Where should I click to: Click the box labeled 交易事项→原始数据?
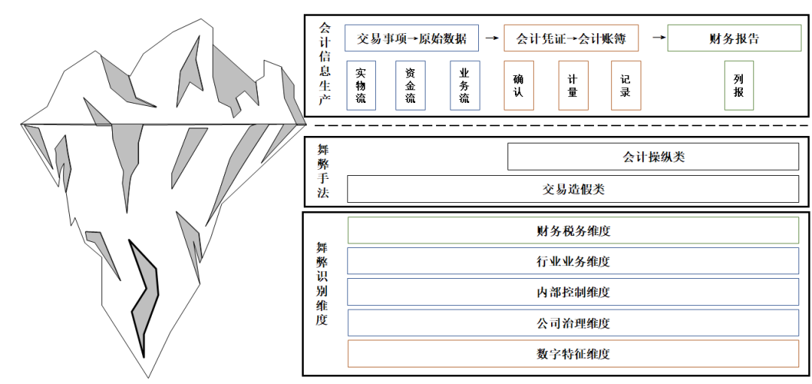click(412, 38)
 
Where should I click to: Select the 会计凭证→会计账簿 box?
click(571, 38)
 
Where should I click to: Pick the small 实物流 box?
click(361, 86)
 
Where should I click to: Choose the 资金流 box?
click(411, 86)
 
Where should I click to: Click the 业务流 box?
click(465, 86)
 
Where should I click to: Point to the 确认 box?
click(518, 86)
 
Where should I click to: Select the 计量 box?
click(573, 86)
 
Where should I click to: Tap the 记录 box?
click(626, 86)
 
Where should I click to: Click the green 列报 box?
click(739, 86)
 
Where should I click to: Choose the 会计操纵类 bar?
click(653, 156)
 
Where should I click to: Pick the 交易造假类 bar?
click(573, 189)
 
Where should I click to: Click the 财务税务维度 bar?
click(573, 230)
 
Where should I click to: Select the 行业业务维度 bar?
click(573, 261)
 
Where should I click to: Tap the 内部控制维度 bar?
click(573, 292)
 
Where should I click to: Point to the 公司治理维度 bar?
click(573, 323)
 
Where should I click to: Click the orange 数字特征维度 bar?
click(573, 354)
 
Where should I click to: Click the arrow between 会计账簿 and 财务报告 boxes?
click(659, 38)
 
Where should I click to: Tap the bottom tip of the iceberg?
click(150, 378)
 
